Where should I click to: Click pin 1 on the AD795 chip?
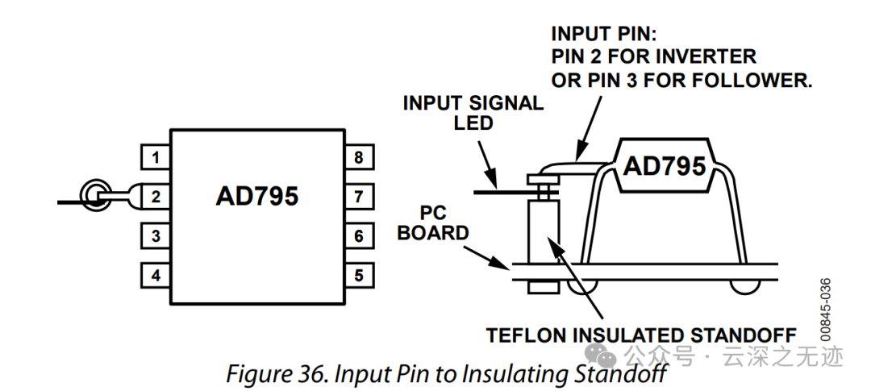[x=156, y=157]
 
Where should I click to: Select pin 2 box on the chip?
[x=156, y=197]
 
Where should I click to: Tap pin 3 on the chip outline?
[x=156, y=236]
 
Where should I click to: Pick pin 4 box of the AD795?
[x=156, y=276]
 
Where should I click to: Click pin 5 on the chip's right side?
[x=359, y=276]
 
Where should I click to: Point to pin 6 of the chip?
[x=359, y=236]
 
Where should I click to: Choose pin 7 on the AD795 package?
[x=359, y=197]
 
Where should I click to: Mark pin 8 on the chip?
[x=359, y=157]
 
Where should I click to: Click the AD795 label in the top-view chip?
[x=256, y=197]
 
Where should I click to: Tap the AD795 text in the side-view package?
[x=665, y=165]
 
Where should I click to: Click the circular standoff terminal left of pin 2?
[x=94, y=194]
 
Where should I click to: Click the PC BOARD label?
[x=433, y=224]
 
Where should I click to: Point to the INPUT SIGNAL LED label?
[x=473, y=113]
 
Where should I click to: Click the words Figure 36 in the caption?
[x=270, y=373]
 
